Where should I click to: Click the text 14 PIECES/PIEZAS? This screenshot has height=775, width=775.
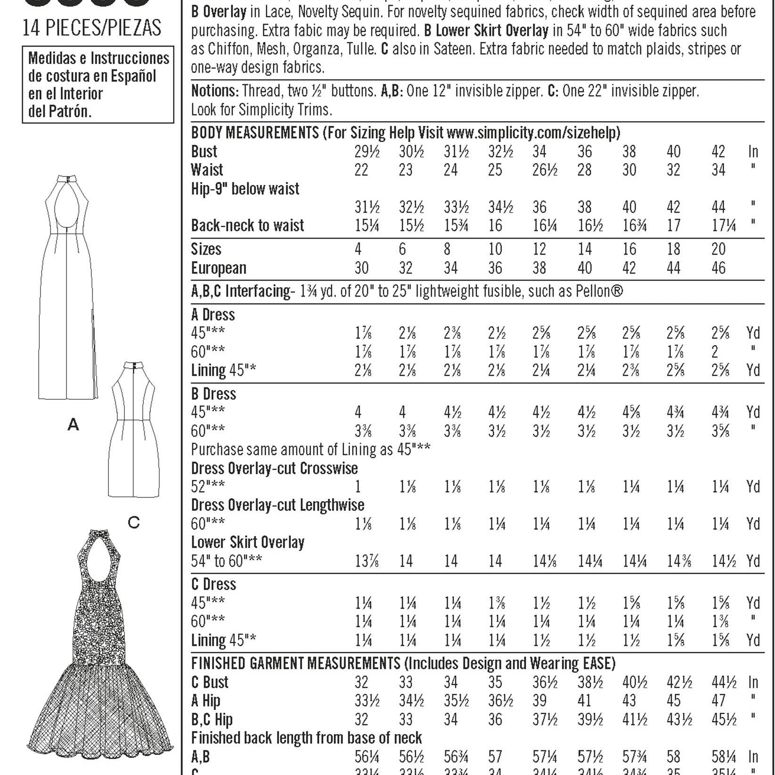tap(92, 29)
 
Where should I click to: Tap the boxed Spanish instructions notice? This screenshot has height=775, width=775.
tap(98, 85)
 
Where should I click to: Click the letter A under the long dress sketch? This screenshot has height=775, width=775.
tap(73, 425)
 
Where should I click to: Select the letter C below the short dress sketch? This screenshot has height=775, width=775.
tap(134, 522)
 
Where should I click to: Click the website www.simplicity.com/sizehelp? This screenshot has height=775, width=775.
tap(533, 132)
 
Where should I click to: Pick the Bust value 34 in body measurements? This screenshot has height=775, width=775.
tap(539, 151)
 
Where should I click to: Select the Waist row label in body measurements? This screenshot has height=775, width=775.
tap(207, 170)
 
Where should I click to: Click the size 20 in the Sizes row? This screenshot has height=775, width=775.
tap(718, 249)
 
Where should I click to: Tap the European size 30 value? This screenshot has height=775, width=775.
tap(361, 268)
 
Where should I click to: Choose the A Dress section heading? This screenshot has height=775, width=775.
tap(213, 314)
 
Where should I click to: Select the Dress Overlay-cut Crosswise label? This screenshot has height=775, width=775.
tap(274, 468)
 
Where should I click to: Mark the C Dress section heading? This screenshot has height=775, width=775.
tap(214, 584)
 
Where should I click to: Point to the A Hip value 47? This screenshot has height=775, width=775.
tap(718, 701)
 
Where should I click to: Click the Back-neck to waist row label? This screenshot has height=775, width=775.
tap(247, 225)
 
